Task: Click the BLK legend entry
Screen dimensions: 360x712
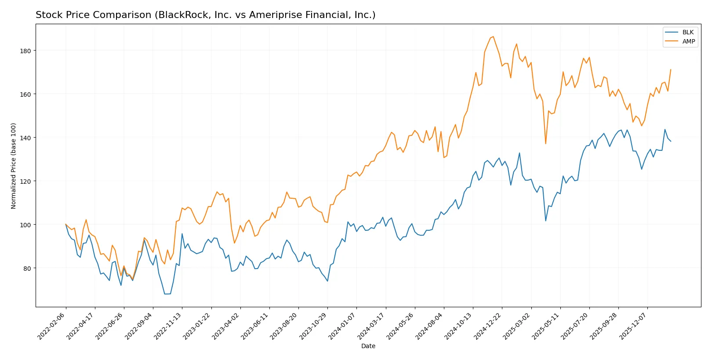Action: click(687, 32)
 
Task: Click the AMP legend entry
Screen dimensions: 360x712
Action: click(688, 41)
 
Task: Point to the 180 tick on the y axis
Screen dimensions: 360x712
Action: click(25, 51)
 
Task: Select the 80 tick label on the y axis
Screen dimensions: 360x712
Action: click(27, 268)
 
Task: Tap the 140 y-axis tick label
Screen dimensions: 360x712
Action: click(25, 138)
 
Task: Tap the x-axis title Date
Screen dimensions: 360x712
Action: click(368, 346)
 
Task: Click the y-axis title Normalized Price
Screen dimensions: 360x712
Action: click(14, 166)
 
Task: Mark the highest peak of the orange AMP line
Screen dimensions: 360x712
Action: click(493, 36)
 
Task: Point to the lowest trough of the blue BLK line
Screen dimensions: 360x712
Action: click(167, 294)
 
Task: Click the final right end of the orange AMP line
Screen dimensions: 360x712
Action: click(671, 69)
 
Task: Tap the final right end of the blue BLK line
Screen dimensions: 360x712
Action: click(671, 142)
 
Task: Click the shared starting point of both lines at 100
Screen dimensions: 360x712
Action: click(66, 225)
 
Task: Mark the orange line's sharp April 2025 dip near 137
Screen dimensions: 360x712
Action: click(545, 144)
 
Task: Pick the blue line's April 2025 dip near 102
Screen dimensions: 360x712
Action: click(545, 221)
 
